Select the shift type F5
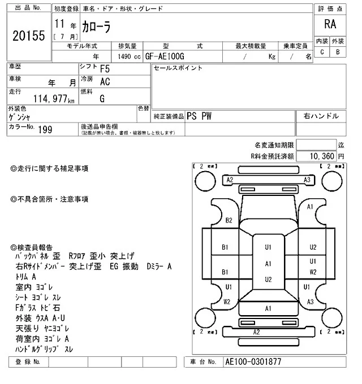click(x=105, y=69)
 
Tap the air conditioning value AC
click(x=105, y=81)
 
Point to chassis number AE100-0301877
click(x=253, y=361)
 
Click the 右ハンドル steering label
click(x=321, y=116)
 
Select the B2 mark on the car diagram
click(x=229, y=220)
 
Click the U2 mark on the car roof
click(x=268, y=280)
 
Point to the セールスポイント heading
click(x=178, y=68)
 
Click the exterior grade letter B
click(x=338, y=52)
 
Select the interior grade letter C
click(x=322, y=52)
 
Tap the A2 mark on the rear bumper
click(x=256, y=332)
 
